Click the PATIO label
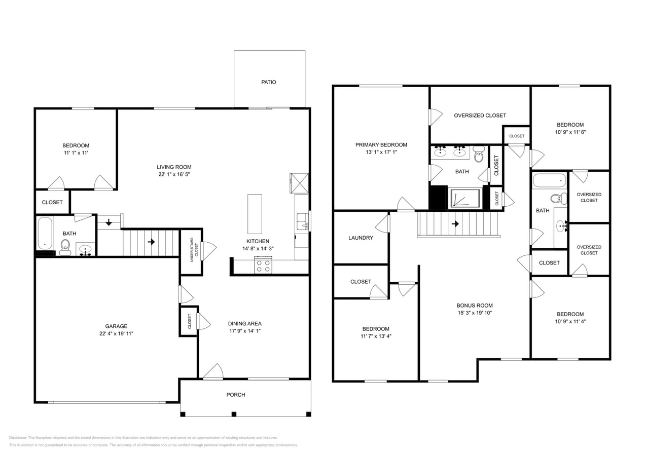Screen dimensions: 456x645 pos(269,82)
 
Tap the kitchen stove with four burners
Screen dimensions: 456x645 pos(264,265)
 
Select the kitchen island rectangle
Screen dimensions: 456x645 pos(255,207)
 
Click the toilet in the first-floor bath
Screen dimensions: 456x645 pos(65,247)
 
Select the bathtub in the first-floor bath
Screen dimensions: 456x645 pos(45,233)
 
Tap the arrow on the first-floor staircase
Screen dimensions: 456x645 pos(151,242)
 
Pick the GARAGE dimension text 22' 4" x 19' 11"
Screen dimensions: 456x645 pos(116,333)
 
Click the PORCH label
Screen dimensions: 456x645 pos(236,395)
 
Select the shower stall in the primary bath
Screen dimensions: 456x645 pos(465,199)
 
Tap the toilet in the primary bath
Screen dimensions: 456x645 pos(479,154)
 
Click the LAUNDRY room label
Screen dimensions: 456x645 pos(361,238)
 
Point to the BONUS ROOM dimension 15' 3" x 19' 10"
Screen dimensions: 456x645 pos(475,313)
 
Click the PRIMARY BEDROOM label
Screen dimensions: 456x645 pos(381,145)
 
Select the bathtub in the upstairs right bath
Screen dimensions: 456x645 pos(549,180)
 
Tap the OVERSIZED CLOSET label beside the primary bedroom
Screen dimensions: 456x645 pos(480,116)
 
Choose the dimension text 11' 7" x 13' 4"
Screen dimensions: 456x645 pos(376,336)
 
